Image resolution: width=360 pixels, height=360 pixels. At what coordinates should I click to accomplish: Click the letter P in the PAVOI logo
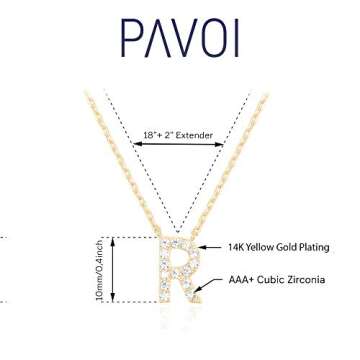[x=129, y=37]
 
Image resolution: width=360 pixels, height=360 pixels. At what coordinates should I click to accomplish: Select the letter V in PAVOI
[x=179, y=37]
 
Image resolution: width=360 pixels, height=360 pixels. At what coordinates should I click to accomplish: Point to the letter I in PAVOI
[x=234, y=37]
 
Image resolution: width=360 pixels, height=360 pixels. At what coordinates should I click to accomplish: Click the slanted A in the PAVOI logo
[x=153, y=37]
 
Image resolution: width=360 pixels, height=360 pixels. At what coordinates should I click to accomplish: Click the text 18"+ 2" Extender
[x=178, y=135]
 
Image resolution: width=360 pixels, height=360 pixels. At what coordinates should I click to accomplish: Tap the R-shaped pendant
[x=178, y=268]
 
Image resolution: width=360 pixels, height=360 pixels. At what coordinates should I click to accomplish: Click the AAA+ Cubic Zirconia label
[x=276, y=280]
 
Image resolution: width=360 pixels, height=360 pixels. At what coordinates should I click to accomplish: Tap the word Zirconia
[x=305, y=280]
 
